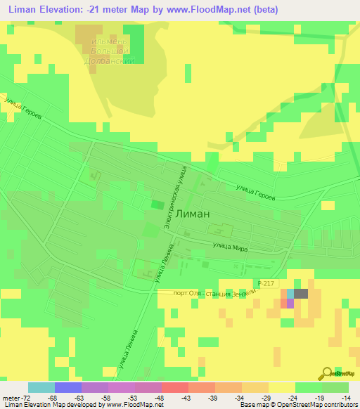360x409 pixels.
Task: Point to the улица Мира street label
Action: pyautogui.click(x=229, y=247)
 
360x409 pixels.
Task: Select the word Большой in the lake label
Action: pyautogui.click(x=112, y=51)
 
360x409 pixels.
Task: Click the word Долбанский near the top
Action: pyautogui.click(x=111, y=61)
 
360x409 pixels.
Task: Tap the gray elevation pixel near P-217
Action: pyautogui.click(x=301, y=294)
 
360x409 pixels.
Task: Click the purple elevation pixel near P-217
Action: pyautogui.click(x=290, y=303)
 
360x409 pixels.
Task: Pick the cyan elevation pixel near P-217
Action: pyautogui.click(x=290, y=294)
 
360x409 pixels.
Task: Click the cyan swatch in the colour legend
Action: pyautogui.click(x=41, y=387)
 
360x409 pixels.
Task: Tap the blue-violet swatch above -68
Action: pyautogui.click(x=67, y=387)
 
